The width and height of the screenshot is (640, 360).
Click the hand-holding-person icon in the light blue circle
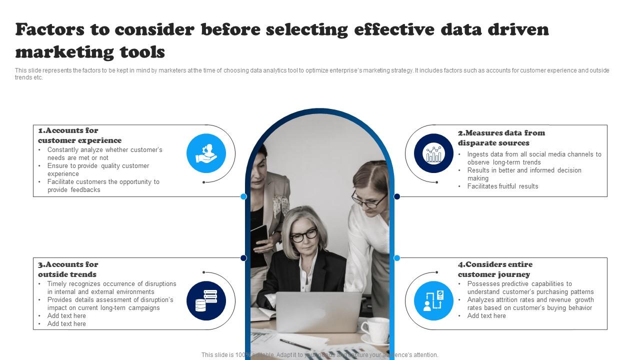(x=206, y=153)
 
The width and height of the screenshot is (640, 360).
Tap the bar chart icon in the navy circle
(x=433, y=153)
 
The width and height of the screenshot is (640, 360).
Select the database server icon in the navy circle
(x=206, y=300)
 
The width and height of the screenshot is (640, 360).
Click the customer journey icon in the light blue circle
(x=433, y=300)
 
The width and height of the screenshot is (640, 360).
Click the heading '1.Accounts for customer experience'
(x=80, y=135)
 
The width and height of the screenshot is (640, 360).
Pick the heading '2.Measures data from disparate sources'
(x=501, y=138)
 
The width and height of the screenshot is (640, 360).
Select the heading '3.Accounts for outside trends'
(x=68, y=269)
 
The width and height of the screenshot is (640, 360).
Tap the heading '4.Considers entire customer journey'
(x=495, y=269)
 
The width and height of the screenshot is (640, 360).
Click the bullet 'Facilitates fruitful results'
(x=502, y=186)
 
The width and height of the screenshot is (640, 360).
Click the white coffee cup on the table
(x=374, y=330)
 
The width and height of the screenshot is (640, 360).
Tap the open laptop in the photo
(x=318, y=312)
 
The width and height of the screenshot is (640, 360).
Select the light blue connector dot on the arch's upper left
(x=243, y=196)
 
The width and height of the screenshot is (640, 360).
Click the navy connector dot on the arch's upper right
(x=397, y=196)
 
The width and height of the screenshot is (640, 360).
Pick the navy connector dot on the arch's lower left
(x=243, y=258)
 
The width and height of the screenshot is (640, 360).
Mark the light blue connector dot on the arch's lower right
(x=397, y=258)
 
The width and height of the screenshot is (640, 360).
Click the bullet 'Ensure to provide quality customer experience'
(x=98, y=170)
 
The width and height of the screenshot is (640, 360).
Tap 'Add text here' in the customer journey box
(x=486, y=316)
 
